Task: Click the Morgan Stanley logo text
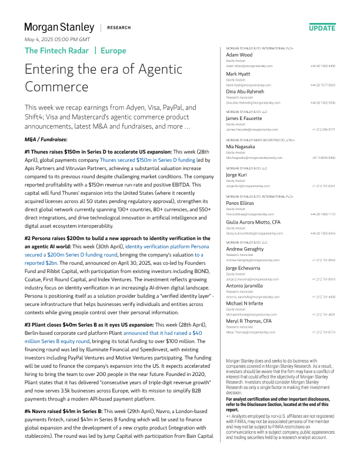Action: tap(59, 27)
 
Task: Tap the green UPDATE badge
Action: tap(322, 28)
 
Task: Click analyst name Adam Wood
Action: tap(239, 55)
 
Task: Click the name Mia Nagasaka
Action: tap(241, 147)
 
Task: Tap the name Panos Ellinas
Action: tap(241, 202)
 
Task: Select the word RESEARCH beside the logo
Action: tap(119, 28)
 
